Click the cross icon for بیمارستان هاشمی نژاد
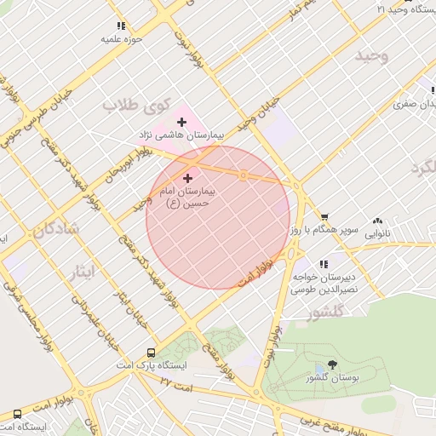click(x=181, y=123)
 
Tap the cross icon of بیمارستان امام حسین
click(x=187, y=178)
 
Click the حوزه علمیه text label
click(x=121, y=39)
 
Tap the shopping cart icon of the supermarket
click(x=324, y=217)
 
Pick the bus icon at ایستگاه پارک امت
click(x=151, y=352)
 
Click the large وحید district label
click(x=372, y=56)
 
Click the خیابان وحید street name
click(x=258, y=112)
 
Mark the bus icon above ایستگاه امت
click(x=17, y=414)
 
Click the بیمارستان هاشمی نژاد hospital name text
click(x=181, y=136)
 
